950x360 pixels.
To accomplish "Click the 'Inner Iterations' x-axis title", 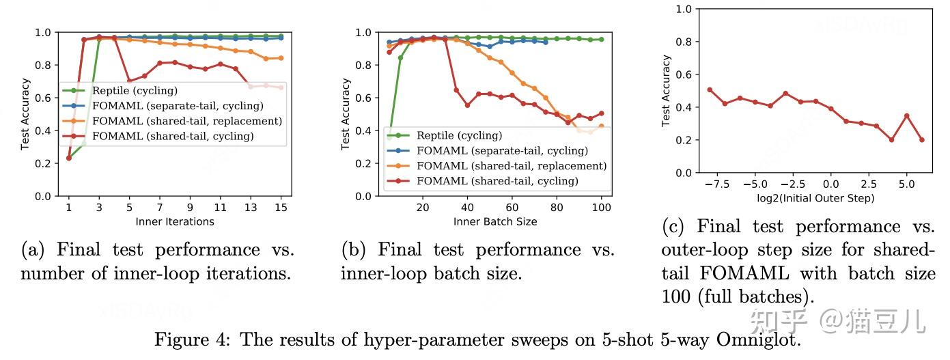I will [x=175, y=221].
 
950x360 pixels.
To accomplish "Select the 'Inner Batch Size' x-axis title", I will [x=495, y=221].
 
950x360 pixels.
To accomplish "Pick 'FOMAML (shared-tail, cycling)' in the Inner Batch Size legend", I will [x=497, y=181].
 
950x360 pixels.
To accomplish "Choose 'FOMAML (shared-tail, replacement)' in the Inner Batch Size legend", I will [x=512, y=166].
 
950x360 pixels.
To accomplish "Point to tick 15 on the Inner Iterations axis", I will [x=281, y=207].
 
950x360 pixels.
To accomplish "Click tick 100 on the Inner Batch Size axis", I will [x=602, y=207].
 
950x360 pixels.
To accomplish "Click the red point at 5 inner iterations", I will [x=129, y=81].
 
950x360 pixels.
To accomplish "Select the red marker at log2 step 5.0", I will [x=907, y=115].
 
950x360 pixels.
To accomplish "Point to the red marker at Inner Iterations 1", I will [x=69, y=158].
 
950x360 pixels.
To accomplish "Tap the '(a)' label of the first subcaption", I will [x=33, y=250].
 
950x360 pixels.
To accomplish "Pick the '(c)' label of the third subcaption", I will [x=674, y=227].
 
